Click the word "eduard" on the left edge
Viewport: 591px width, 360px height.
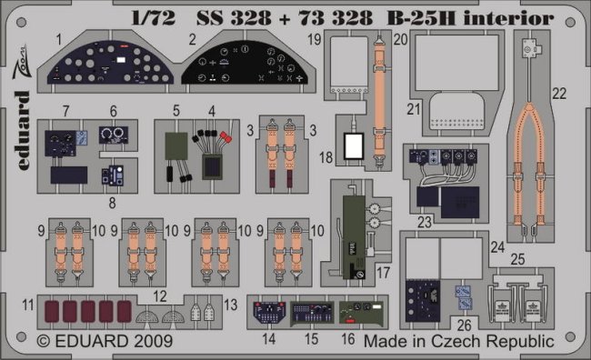click(x=24, y=130)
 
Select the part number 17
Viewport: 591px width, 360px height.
click(x=383, y=272)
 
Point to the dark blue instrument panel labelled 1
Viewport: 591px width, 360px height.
click(x=110, y=62)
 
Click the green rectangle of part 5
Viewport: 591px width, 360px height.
click(x=176, y=145)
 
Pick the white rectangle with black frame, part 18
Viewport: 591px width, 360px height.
click(x=354, y=145)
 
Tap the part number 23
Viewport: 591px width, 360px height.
click(x=425, y=222)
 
